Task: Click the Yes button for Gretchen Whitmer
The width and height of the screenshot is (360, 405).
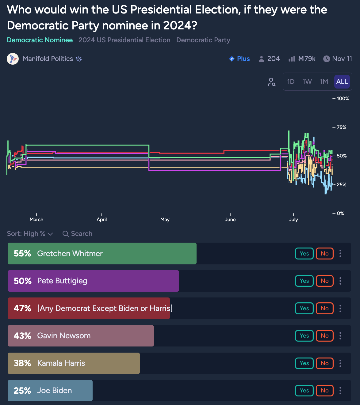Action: (304, 254)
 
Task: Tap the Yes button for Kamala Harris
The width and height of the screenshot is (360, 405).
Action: (304, 363)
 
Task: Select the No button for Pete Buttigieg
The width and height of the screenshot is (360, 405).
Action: (324, 281)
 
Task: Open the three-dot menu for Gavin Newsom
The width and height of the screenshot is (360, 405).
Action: (340, 336)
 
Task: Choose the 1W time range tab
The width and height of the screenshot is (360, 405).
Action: (307, 81)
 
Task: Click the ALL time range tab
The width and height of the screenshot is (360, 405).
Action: (342, 81)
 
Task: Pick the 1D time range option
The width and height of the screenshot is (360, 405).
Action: (291, 81)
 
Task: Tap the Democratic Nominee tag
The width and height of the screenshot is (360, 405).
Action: (40, 40)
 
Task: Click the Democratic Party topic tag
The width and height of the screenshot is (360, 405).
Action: (203, 40)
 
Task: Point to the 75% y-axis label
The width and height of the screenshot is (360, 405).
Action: (341, 127)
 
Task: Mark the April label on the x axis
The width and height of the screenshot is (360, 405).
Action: (102, 219)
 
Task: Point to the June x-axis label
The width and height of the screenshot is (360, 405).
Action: (230, 219)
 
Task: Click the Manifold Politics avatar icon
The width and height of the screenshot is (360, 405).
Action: (13, 59)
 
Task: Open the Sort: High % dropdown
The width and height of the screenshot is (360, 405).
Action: (30, 234)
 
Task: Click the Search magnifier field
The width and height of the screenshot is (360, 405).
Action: (78, 234)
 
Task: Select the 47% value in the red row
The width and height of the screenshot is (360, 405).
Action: (22, 308)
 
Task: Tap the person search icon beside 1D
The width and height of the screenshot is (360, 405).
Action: (272, 82)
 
